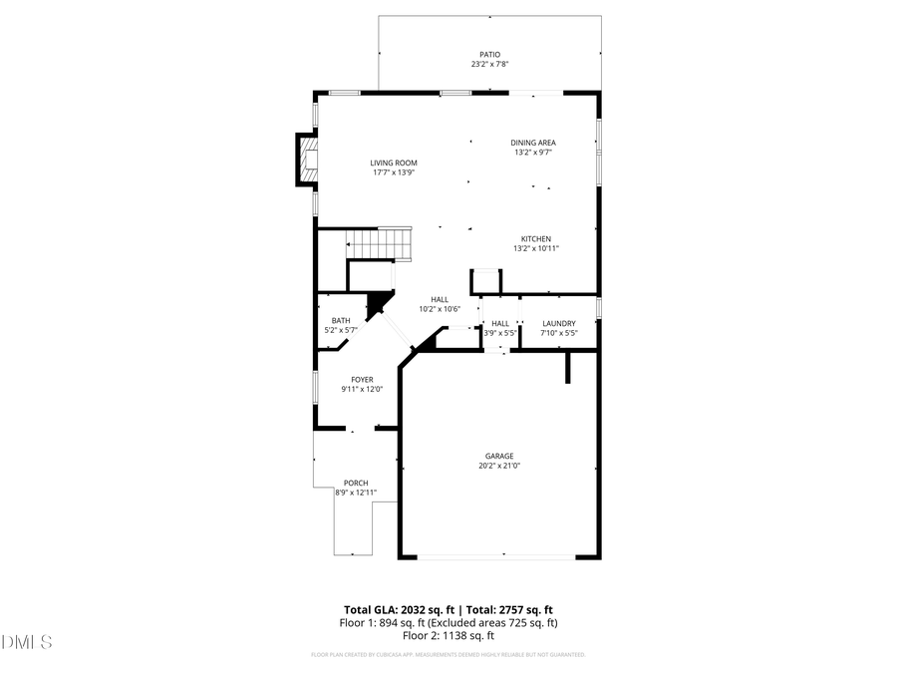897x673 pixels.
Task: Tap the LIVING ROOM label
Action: click(x=394, y=163)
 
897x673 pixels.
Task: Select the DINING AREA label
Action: click(x=533, y=143)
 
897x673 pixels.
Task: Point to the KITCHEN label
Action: click(x=535, y=238)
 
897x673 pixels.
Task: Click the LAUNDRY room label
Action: click(x=558, y=323)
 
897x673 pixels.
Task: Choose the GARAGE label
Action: click(x=500, y=456)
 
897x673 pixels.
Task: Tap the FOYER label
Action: click(x=362, y=380)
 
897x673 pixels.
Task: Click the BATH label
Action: click(x=341, y=320)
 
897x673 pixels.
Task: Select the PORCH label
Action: click(x=356, y=483)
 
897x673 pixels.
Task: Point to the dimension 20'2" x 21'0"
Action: click(x=500, y=466)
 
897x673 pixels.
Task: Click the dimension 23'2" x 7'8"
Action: click(x=490, y=65)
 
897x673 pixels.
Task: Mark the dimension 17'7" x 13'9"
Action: click(x=394, y=172)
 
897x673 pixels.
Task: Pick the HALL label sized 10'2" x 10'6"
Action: click(x=440, y=299)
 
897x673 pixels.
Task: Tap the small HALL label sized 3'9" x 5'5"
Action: click(x=500, y=323)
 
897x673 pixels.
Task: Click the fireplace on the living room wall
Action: click(x=306, y=160)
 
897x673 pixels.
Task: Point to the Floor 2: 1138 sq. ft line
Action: click(x=448, y=635)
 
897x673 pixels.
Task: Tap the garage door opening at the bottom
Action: click(x=502, y=556)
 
